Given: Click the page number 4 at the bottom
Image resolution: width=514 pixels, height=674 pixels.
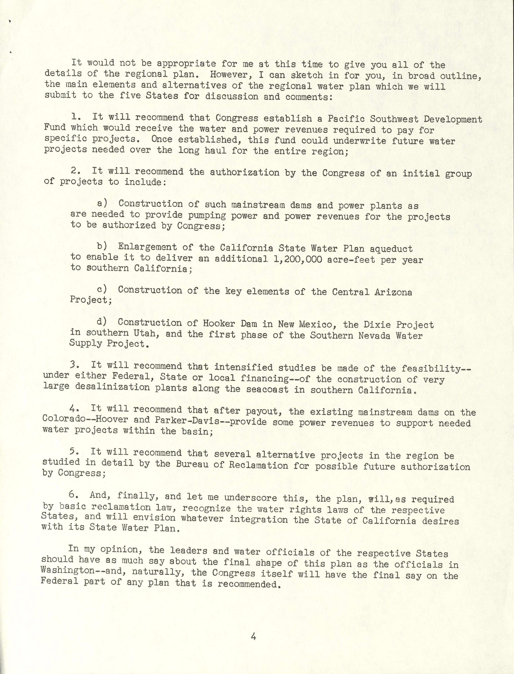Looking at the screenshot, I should click(x=253, y=635).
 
